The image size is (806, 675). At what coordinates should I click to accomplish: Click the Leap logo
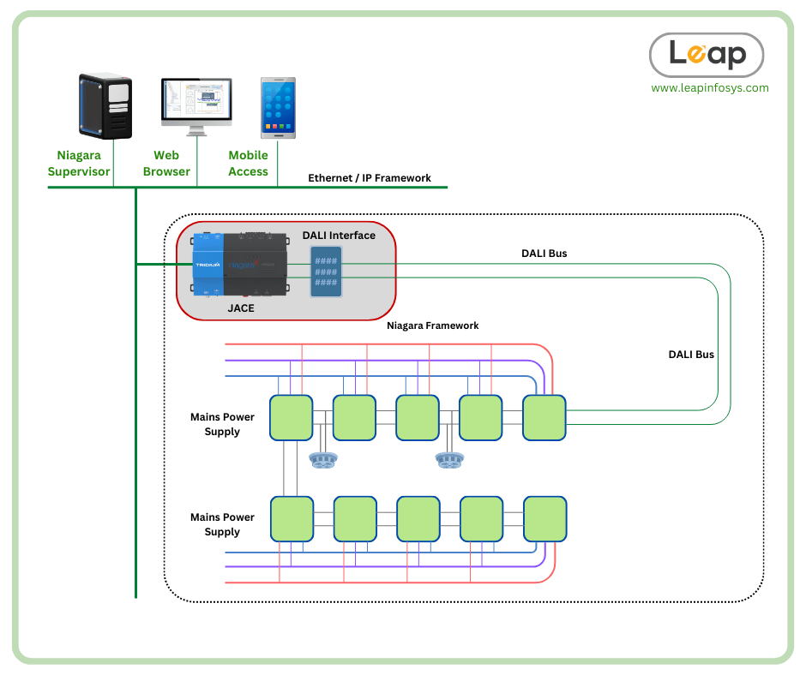(707, 55)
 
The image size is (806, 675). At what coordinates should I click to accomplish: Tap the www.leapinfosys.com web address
(709, 87)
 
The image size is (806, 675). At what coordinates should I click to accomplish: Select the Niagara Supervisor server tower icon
(105, 105)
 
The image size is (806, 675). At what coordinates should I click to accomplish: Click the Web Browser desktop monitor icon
(196, 106)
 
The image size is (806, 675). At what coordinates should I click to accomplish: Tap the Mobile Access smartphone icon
(278, 107)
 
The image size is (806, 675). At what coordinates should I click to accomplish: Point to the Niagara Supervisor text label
(79, 164)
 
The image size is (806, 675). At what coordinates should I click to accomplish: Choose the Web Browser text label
(166, 164)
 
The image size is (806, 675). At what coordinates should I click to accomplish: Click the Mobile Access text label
(248, 164)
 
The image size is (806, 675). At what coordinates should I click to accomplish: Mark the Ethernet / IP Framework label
(370, 178)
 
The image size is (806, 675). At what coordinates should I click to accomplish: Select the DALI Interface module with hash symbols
(325, 272)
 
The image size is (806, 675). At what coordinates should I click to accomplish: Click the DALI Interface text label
(339, 236)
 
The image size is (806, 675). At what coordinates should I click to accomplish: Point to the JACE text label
(241, 308)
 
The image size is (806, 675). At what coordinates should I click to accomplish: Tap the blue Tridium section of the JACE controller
(208, 265)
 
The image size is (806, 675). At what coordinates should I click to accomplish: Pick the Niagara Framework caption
(432, 326)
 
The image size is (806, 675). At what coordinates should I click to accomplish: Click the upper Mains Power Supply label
(222, 425)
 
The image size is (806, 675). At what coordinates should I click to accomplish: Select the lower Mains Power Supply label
(222, 524)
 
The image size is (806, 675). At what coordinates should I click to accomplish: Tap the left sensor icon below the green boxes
(323, 461)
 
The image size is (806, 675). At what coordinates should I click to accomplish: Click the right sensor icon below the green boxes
(449, 461)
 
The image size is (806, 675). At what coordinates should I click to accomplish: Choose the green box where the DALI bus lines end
(544, 417)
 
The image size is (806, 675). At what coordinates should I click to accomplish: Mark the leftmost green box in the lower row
(292, 518)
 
